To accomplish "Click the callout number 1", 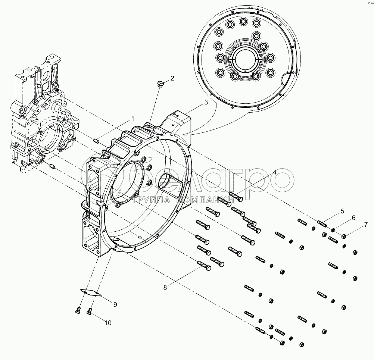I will coord(132,119).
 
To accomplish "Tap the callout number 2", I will coord(172,78).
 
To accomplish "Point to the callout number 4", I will coord(274,172).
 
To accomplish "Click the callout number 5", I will coord(342,212).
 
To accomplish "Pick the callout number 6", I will coord(353,218).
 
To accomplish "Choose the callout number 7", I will coord(366,225).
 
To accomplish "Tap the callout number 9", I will coord(115,304).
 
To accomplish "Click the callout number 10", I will coord(107,323).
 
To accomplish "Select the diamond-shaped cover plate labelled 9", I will coord(91,292).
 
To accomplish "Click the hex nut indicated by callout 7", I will coord(344,235).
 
